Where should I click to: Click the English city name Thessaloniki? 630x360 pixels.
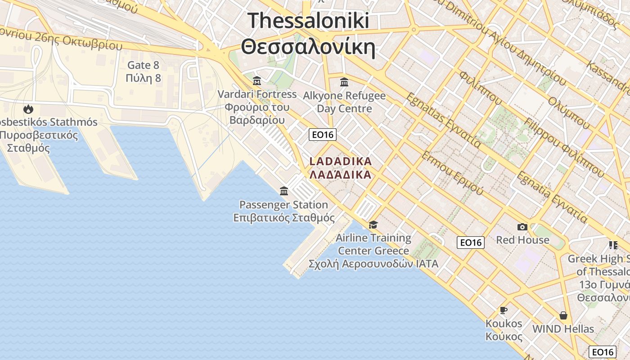(308, 21)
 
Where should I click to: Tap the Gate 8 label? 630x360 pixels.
(144, 65)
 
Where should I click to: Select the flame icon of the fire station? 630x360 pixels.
(28, 109)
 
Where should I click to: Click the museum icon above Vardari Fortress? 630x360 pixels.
(257, 81)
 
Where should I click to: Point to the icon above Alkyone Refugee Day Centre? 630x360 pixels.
(344, 82)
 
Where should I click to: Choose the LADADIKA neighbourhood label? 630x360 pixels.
(341, 161)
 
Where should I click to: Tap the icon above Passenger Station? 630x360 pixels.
(284, 191)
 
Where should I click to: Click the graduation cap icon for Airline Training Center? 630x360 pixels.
(373, 225)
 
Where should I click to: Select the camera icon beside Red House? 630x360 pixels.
(522, 227)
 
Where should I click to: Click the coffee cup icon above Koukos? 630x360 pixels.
(504, 310)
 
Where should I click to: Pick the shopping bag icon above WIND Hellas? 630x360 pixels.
(563, 315)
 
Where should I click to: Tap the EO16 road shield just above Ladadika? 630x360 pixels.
(323, 135)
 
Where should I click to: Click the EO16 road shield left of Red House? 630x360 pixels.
(471, 243)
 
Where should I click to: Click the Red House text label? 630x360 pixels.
(522, 240)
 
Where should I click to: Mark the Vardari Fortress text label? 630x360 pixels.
(257, 94)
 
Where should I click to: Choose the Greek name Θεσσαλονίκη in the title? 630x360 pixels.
(308, 46)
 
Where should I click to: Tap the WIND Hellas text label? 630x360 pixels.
(563, 329)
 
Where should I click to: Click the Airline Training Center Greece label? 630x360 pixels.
(373, 244)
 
